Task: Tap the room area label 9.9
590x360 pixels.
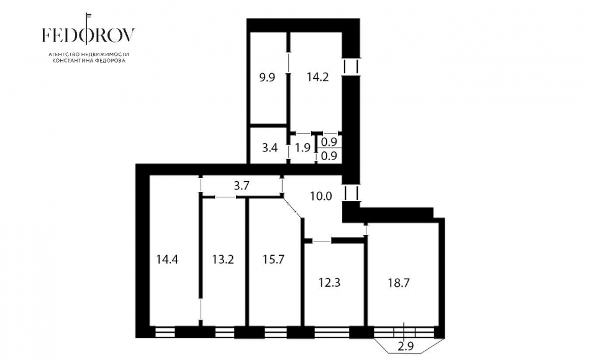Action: click(267, 78)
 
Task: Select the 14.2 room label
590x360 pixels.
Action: click(317, 77)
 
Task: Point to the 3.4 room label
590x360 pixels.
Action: click(270, 148)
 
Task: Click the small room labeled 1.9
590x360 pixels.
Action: click(302, 148)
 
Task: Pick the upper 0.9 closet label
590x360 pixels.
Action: click(329, 142)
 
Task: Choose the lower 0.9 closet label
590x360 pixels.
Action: click(329, 156)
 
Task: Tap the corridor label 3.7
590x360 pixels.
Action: click(242, 186)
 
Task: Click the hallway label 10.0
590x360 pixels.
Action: click(321, 196)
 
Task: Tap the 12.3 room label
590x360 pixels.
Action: click(329, 282)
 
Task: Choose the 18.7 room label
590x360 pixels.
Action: click(399, 283)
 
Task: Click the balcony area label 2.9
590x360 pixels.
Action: click(406, 346)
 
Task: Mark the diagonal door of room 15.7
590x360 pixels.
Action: click(293, 207)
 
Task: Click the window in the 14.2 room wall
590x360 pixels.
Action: click(352, 66)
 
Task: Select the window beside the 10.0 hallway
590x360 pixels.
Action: click(352, 192)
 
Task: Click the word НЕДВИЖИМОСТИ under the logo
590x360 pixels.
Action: click(105, 54)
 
